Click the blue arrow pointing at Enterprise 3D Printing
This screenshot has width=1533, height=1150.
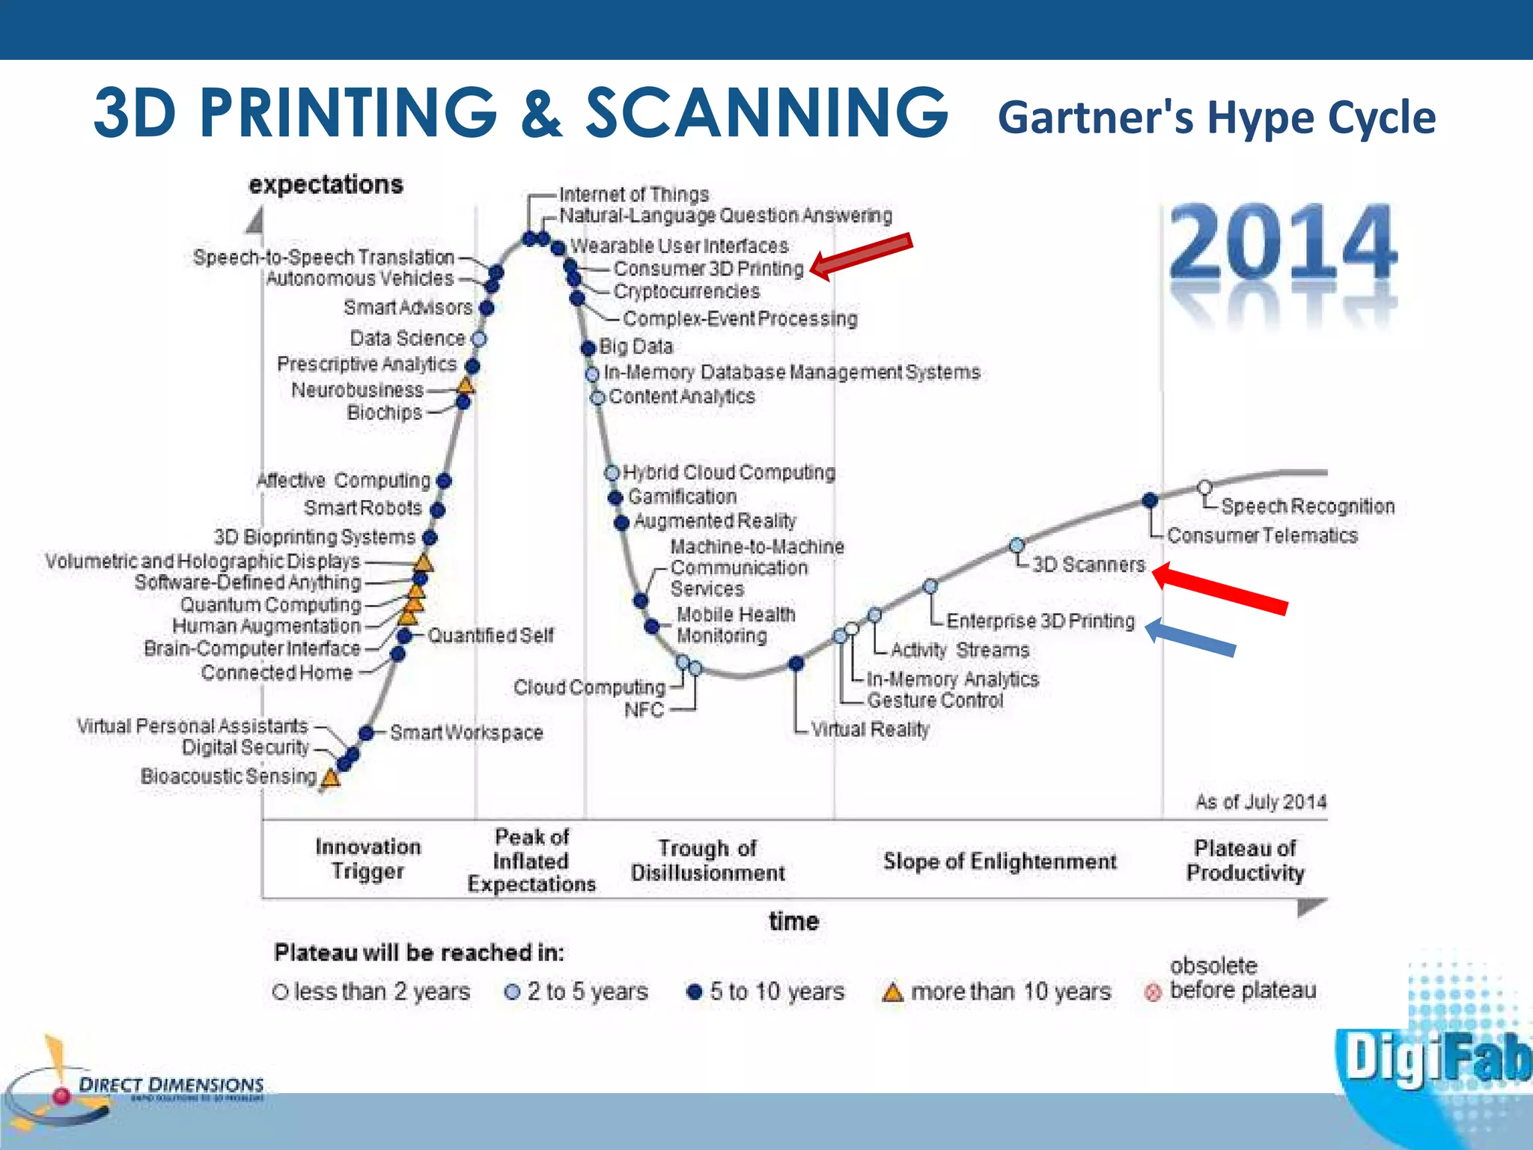click(x=1190, y=637)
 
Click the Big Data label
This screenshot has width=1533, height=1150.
click(x=636, y=347)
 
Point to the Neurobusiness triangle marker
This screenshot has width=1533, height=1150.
click(x=466, y=386)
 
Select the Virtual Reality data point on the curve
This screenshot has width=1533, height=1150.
click(x=796, y=663)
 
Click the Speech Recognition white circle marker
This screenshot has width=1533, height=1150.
click(x=1204, y=487)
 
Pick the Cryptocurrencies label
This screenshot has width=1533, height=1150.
click(x=686, y=291)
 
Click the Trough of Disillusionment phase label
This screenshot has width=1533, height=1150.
click(x=707, y=860)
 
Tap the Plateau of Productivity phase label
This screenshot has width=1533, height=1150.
click(x=1246, y=860)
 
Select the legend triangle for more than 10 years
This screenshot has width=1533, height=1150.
click(x=892, y=993)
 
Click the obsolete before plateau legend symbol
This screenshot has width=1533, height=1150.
click(x=1153, y=993)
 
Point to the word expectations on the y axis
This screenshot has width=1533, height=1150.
click(x=326, y=184)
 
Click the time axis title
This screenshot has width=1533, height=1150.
click(x=793, y=921)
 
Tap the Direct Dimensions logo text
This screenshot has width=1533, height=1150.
click(x=171, y=1085)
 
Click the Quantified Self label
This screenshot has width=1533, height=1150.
click(x=490, y=636)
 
